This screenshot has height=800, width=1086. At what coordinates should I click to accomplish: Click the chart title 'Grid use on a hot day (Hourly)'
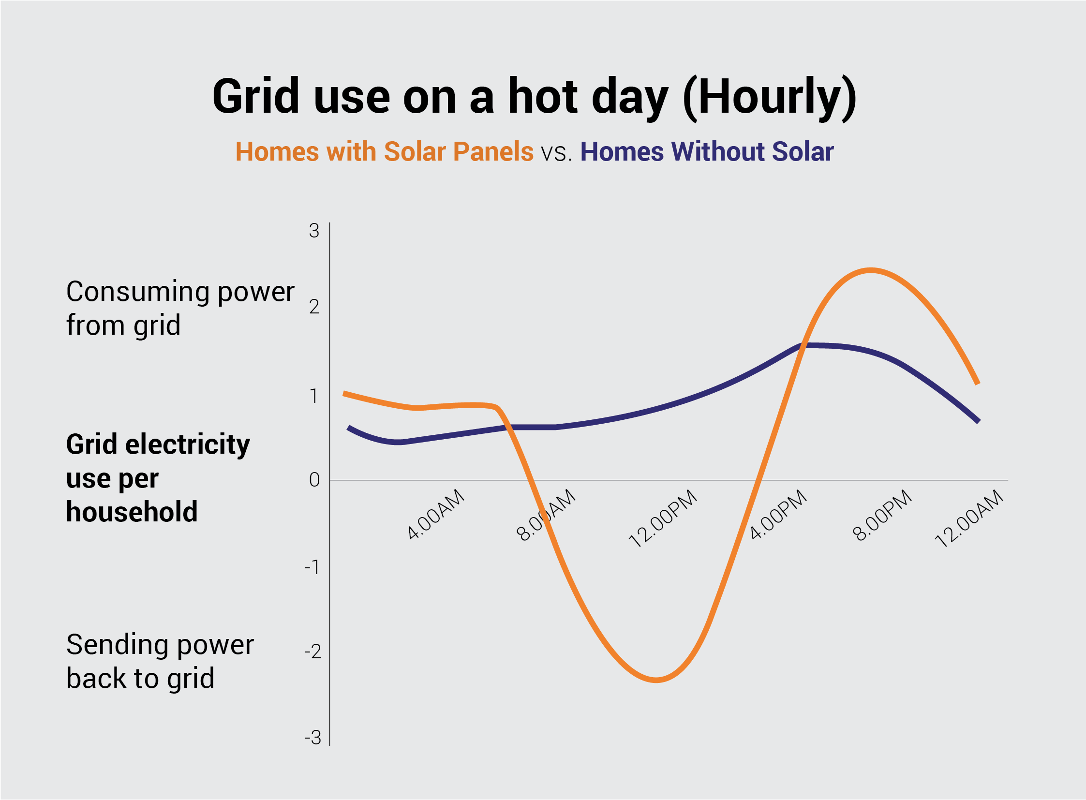click(534, 97)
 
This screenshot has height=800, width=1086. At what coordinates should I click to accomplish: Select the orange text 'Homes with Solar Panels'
click(384, 151)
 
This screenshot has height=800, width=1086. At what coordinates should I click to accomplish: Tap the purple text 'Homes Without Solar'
click(706, 151)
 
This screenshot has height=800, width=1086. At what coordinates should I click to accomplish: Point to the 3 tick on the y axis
click(314, 231)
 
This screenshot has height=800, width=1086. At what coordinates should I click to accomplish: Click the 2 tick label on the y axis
click(314, 307)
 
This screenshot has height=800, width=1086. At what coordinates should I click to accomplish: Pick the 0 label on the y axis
click(314, 480)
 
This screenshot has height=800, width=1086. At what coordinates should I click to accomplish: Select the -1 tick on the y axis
click(312, 567)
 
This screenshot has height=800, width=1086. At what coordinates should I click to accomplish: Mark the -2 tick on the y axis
click(312, 652)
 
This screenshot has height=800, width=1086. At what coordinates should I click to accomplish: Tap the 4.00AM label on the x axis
click(435, 515)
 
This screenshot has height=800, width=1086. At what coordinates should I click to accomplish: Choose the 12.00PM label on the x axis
click(662, 519)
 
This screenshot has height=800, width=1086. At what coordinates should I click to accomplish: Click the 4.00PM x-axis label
click(778, 515)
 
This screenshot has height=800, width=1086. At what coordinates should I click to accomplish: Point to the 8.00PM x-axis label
click(881, 515)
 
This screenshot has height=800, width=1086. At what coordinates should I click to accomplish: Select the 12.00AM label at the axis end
click(969, 519)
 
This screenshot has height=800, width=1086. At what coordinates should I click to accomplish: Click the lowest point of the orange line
click(656, 681)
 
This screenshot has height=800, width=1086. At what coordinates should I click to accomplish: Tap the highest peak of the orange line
click(870, 270)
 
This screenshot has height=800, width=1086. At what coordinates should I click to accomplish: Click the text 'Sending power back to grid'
click(160, 661)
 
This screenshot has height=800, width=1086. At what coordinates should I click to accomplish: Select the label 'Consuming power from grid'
click(179, 308)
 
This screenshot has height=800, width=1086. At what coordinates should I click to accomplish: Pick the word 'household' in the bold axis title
click(132, 512)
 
